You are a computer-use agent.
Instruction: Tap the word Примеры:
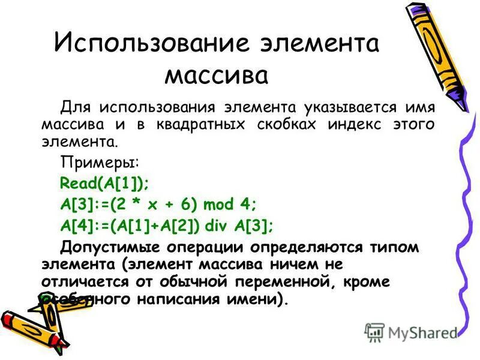(100, 163)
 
